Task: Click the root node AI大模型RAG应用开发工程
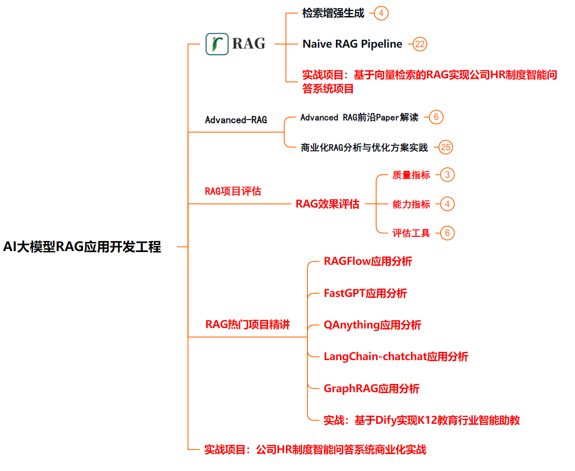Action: tap(82, 247)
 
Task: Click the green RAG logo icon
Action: tap(217, 44)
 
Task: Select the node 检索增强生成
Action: tap(333, 13)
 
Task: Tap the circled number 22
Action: tap(420, 44)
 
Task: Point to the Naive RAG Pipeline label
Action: tap(352, 44)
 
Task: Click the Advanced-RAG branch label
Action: tap(236, 120)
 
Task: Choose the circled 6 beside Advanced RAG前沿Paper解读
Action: tap(436, 117)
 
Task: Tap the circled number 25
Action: tap(445, 148)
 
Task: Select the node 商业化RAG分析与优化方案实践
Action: tap(364, 148)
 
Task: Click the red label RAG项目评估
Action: tap(233, 192)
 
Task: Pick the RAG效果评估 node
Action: tap(327, 204)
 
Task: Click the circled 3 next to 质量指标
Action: tap(447, 175)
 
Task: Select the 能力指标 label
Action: tap(411, 204)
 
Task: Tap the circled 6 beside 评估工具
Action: tap(447, 233)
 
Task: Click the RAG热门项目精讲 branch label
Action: tap(247, 325)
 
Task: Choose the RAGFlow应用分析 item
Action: tap(368, 262)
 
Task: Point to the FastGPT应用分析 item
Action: tap(365, 293)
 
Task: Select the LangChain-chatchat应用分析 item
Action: tap(396, 356)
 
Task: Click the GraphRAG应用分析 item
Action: tap(372, 389)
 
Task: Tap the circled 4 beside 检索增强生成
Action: tap(381, 13)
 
